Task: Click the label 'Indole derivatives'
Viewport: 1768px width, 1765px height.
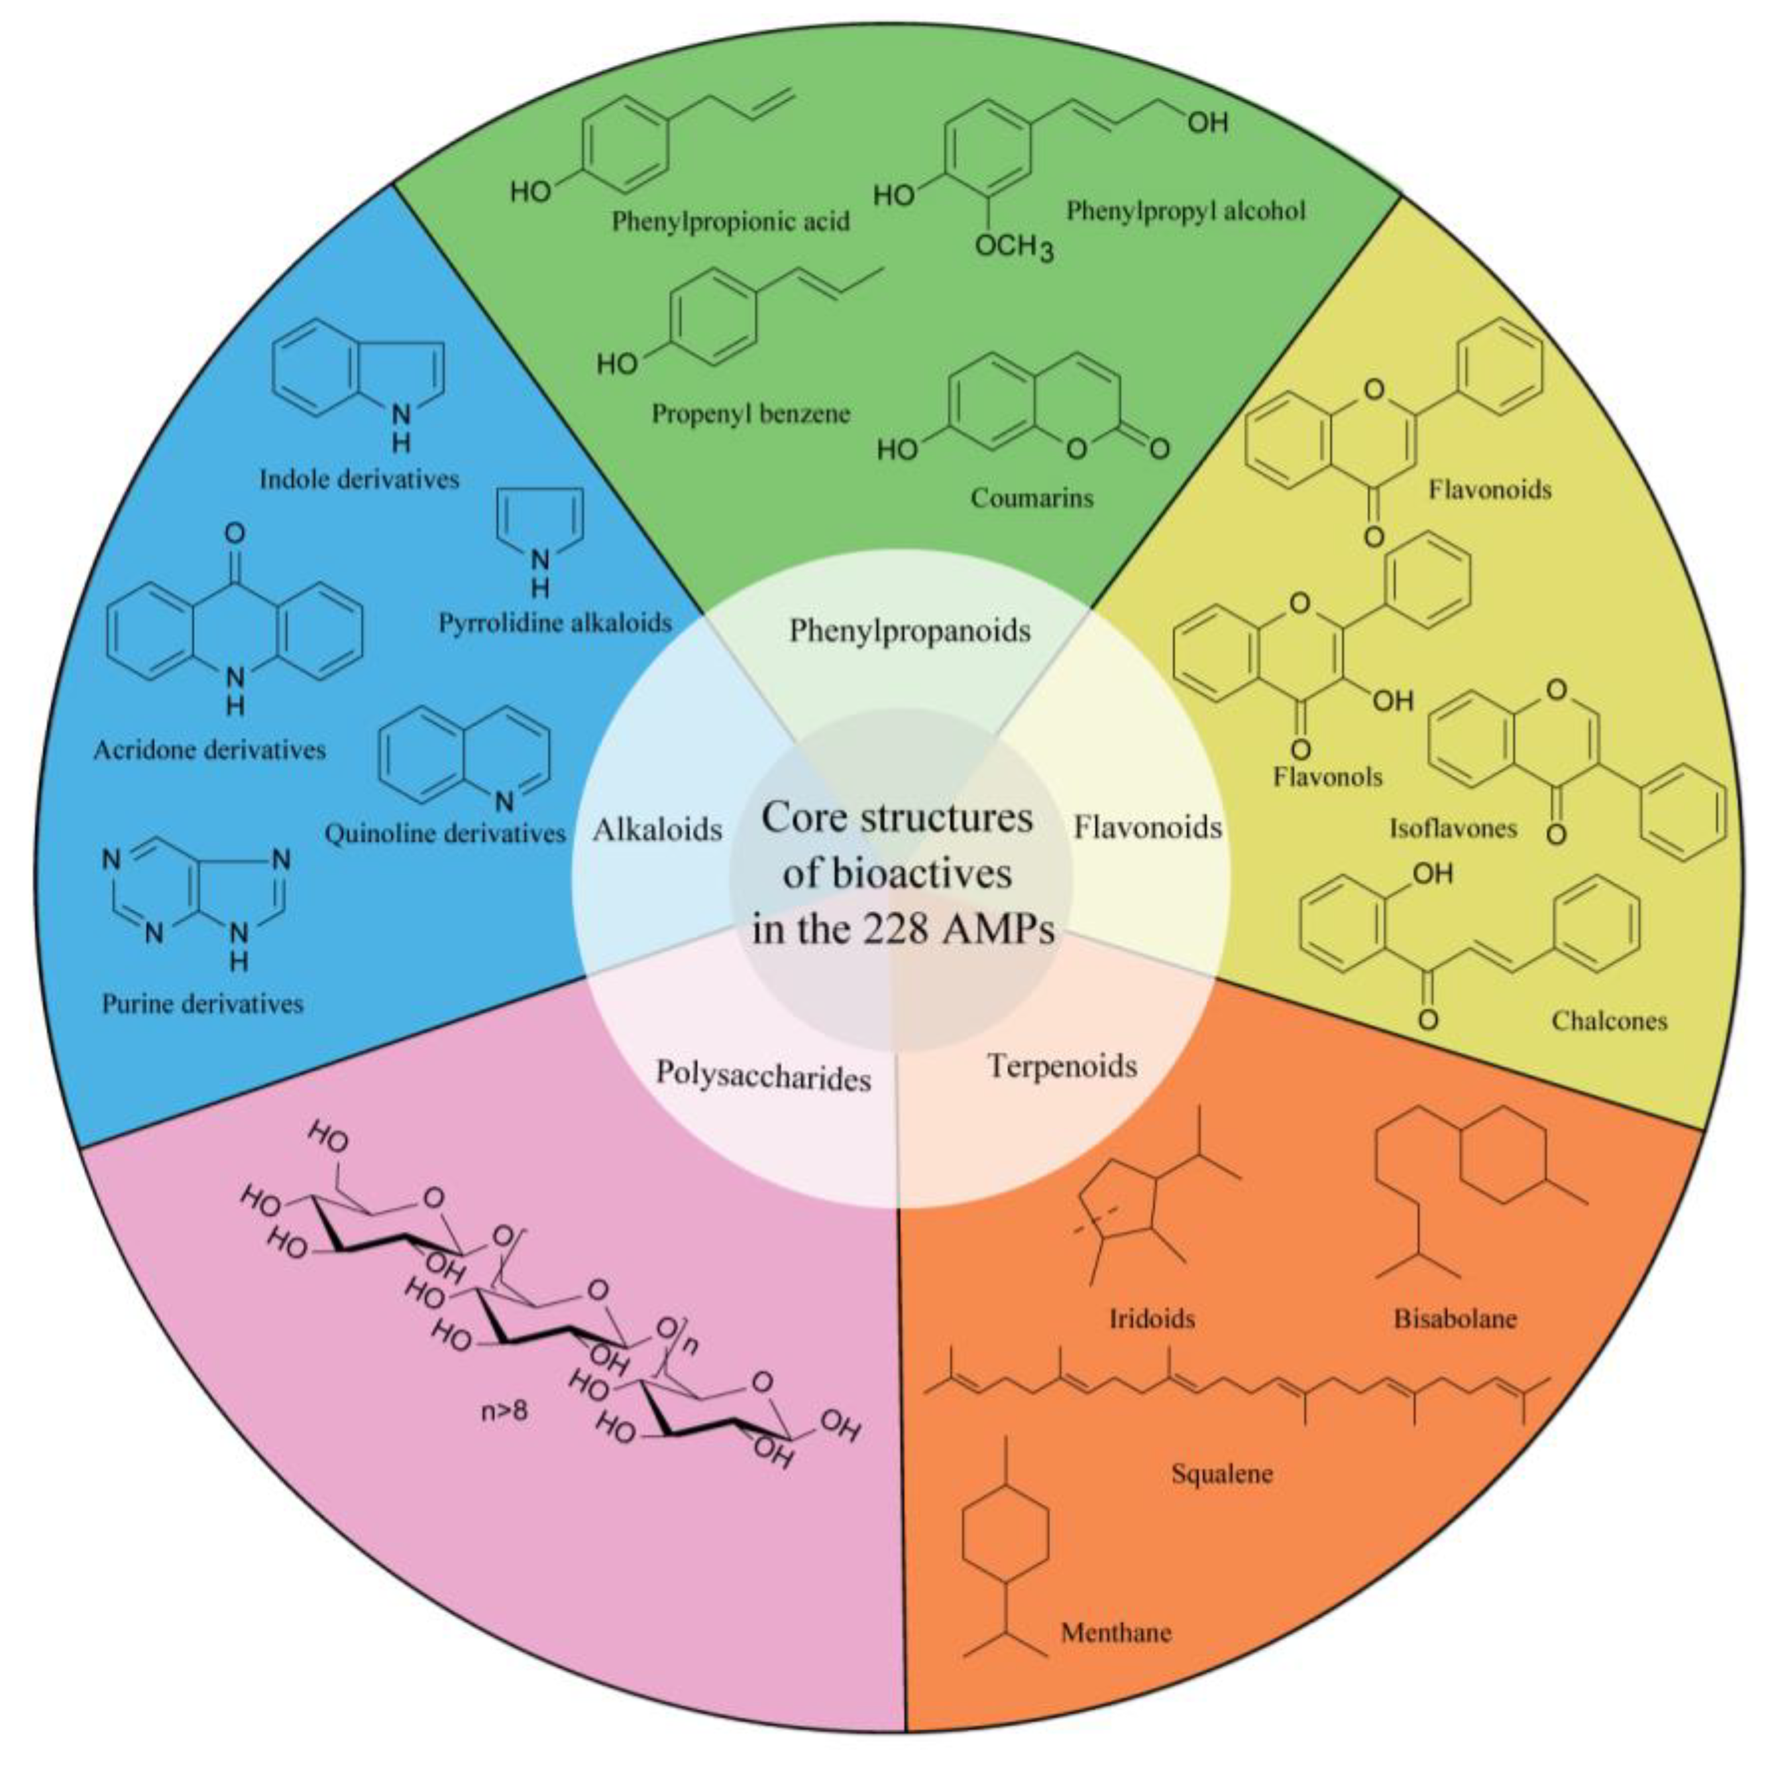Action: (x=359, y=479)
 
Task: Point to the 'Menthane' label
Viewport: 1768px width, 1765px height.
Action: (x=1115, y=1632)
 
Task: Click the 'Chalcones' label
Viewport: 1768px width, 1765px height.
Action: (x=1609, y=1020)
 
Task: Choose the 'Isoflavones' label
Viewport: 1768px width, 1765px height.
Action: (x=1453, y=827)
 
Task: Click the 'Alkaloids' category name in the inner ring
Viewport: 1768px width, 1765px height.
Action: (x=657, y=829)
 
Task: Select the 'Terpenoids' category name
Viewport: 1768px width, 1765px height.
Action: (x=1062, y=1065)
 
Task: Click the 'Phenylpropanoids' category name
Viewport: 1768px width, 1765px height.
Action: (x=910, y=630)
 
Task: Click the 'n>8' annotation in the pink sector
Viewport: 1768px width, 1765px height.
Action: (x=504, y=1411)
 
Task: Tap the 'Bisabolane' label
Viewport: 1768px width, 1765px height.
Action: (x=1455, y=1318)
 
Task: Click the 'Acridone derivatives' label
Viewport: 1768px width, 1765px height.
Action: (x=209, y=750)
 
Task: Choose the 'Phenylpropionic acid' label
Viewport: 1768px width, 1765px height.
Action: (x=730, y=221)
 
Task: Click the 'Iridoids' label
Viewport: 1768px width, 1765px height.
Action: (x=1152, y=1318)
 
